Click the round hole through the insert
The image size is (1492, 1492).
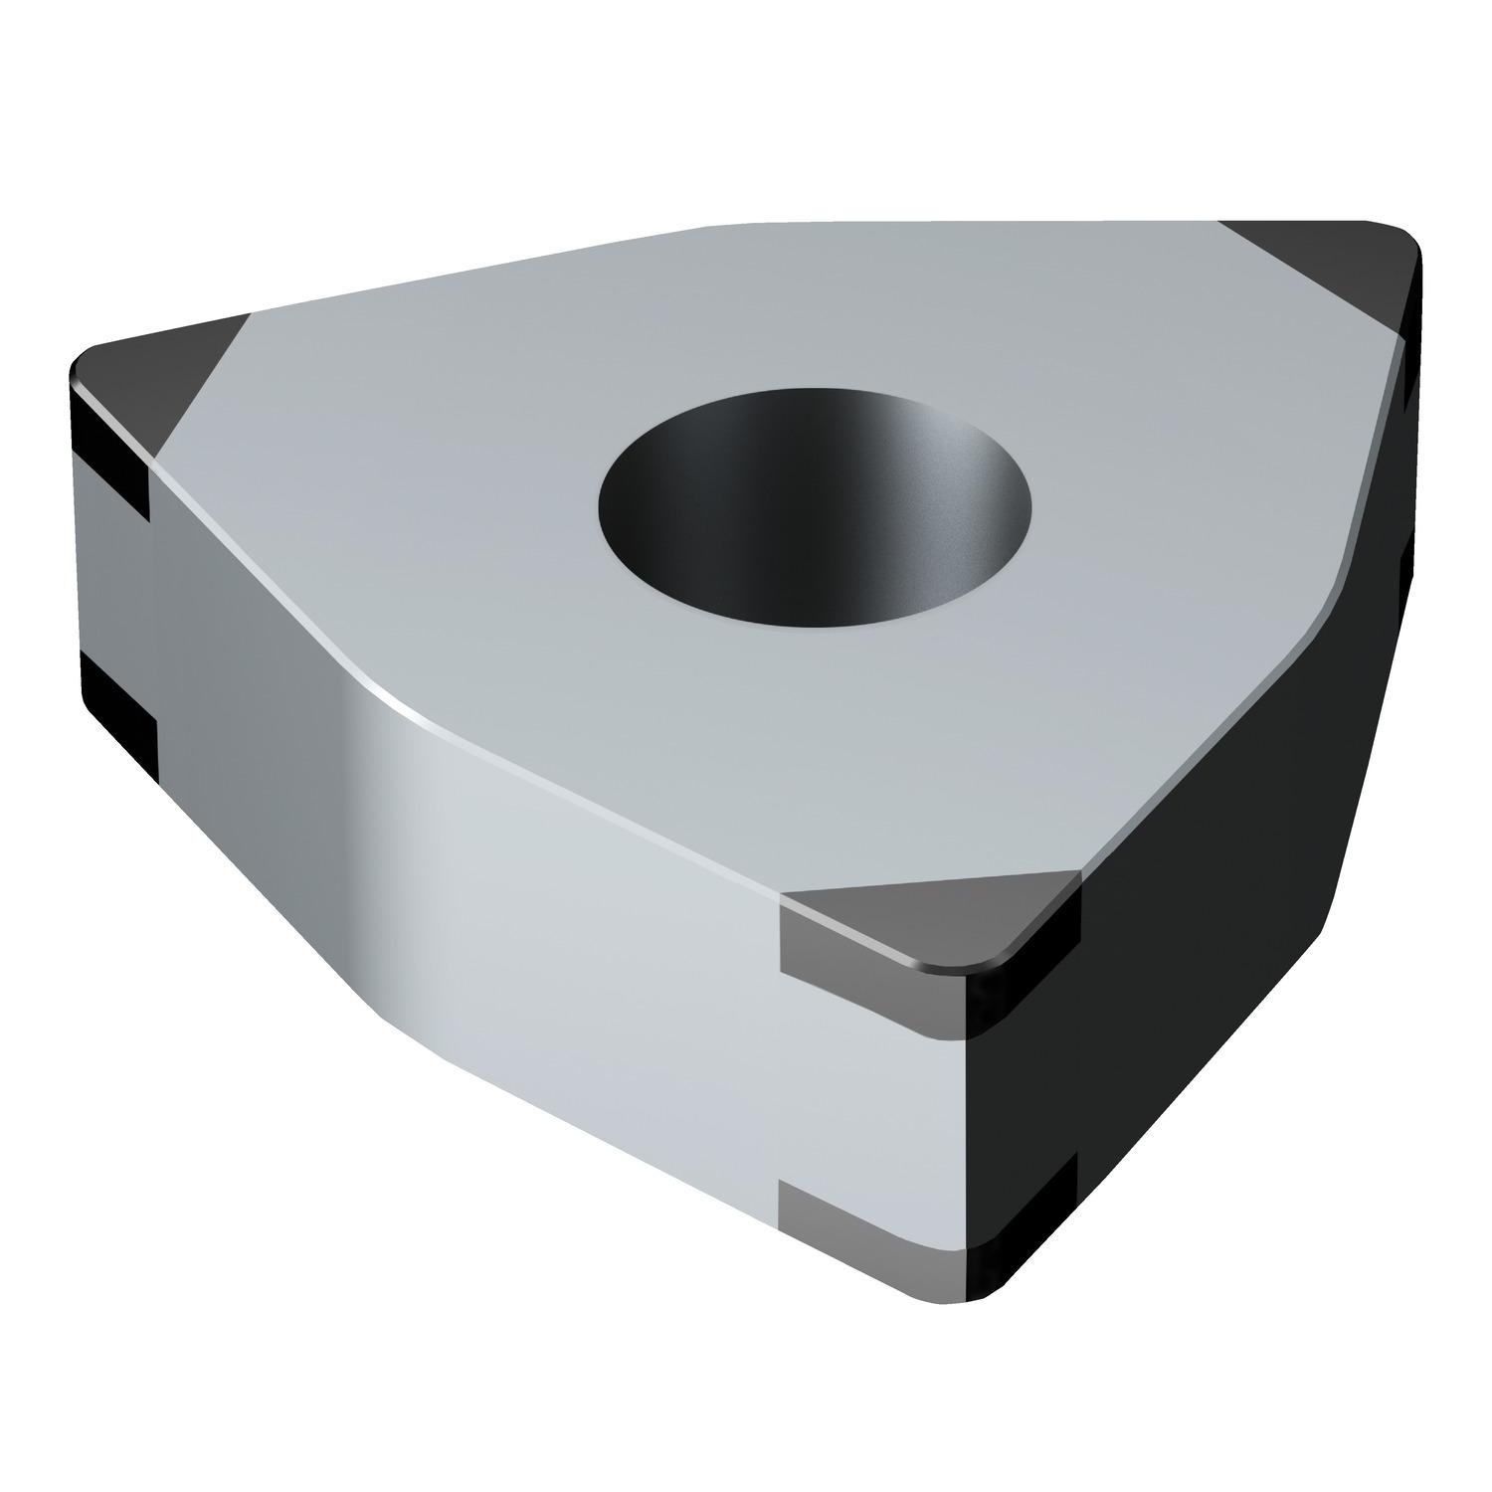coord(814,507)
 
